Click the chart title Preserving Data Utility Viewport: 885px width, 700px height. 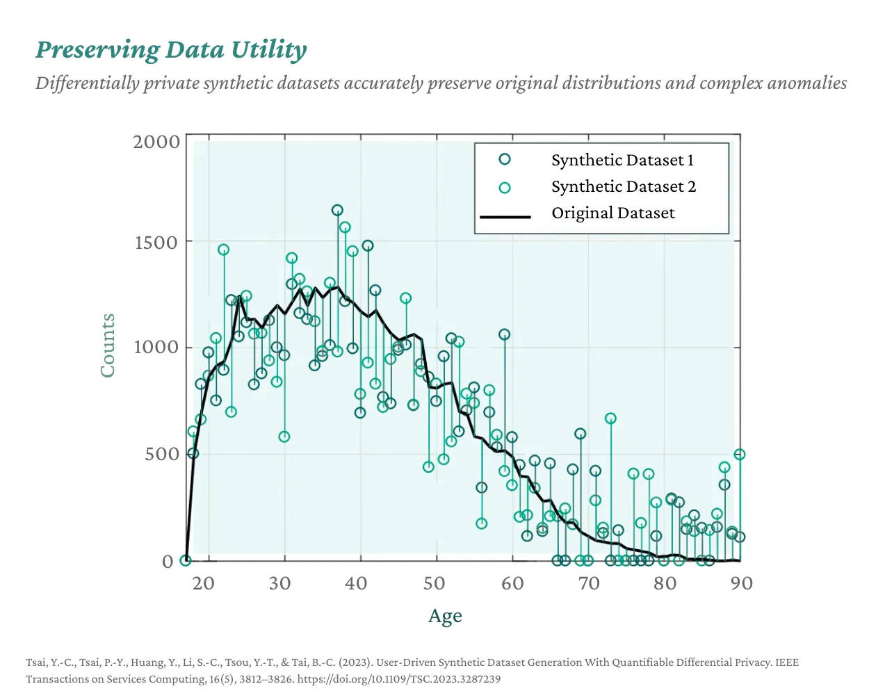[x=171, y=50]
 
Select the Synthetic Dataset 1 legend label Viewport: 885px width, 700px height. [x=622, y=161]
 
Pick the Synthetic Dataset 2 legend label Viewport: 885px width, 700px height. [x=623, y=187]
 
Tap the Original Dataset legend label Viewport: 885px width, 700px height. [x=612, y=213]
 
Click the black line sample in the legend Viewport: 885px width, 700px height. [x=505, y=217]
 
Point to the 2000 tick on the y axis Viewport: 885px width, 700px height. [x=156, y=142]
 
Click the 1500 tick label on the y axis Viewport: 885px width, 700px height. [x=156, y=243]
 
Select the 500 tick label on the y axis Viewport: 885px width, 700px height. [x=162, y=454]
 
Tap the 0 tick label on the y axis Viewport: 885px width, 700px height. [x=168, y=562]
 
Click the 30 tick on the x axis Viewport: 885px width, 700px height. [x=279, y=583]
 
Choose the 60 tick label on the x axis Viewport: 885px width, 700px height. [x=512, y=583]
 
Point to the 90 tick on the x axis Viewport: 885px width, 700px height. [x=741, y=583]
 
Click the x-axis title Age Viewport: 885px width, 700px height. [x=445, y=617]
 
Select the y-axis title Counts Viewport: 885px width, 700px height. [x=107, y=345]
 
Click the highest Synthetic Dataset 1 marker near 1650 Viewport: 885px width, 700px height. [x=337, y=210]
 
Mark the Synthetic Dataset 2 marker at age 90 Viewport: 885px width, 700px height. [x=740, y=454]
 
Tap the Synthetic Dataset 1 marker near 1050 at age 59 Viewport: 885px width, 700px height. [x=504, y=334]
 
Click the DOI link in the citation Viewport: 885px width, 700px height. [x=398, y=679]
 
